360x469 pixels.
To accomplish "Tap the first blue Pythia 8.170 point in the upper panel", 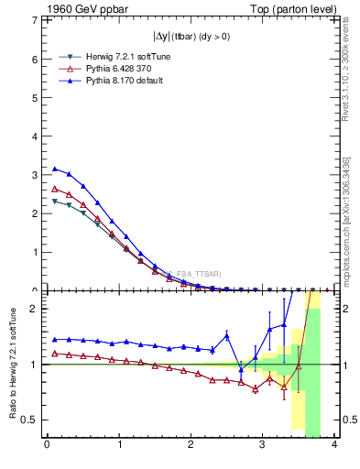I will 54,169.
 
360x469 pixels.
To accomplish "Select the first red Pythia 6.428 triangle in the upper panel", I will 54,189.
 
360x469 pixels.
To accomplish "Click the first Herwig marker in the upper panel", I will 54,201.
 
